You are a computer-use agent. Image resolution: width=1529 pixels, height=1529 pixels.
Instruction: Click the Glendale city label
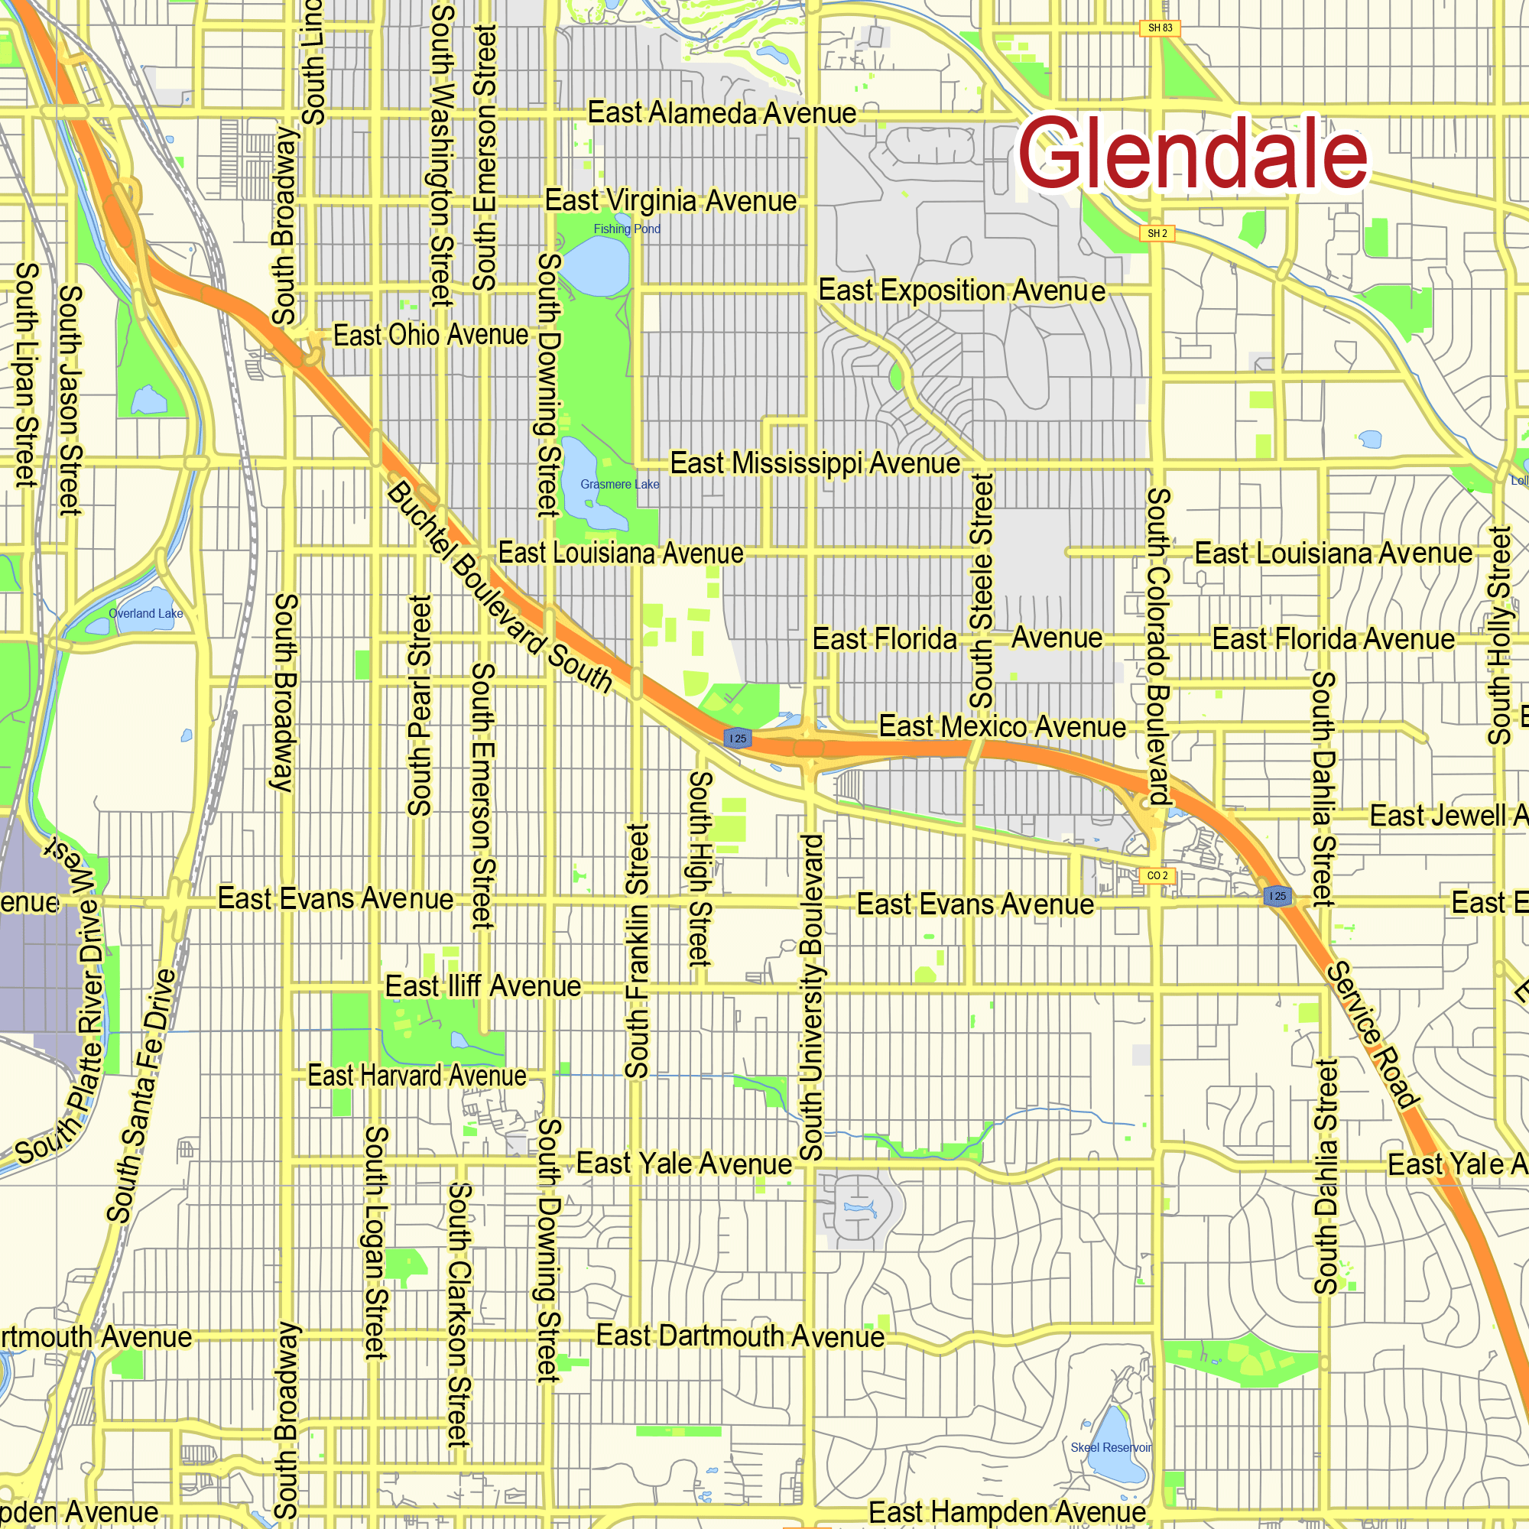point(1192,153)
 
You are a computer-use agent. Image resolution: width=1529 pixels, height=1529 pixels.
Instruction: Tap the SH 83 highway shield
point(1160,28)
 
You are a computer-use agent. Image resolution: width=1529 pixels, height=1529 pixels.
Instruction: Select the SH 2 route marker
point(1157,233)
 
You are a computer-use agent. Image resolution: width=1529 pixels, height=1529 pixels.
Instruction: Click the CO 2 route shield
point(1157,875)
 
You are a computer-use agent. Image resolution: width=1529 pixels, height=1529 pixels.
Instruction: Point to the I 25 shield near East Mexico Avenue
point(738,739)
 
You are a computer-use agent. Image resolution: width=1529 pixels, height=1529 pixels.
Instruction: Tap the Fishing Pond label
point(627,229)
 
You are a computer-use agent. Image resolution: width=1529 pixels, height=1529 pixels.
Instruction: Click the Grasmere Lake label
point(620,485)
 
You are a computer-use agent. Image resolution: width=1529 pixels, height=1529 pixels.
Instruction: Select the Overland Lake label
point(145,613)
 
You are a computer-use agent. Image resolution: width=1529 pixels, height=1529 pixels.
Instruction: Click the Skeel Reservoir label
point(1111,1447)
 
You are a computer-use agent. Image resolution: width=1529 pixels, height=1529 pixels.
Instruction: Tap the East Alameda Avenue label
point(722,113)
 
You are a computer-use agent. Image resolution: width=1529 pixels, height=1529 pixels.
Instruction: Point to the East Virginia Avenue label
point(670,201)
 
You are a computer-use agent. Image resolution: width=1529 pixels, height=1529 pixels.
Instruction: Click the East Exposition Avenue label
point(962,291)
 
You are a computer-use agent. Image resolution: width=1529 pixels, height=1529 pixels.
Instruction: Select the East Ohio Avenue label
point(430,336)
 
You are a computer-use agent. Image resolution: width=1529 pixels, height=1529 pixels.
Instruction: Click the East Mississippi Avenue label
point(815,463)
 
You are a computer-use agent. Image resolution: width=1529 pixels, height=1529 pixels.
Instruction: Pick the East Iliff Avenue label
point(482,987)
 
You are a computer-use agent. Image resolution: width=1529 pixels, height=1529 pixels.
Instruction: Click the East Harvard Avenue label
point(417,1076)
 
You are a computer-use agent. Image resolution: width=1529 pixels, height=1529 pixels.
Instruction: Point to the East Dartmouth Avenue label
point(740,1336)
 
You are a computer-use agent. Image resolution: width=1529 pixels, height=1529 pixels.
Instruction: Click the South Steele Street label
point(982,590)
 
